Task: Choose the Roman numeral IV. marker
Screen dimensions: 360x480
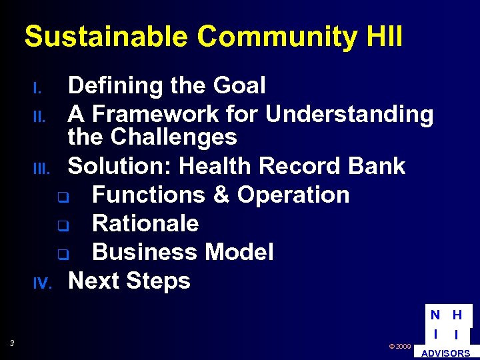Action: (41, 284)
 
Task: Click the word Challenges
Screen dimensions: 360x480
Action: (173, 137)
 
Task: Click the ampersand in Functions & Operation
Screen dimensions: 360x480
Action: (219, 195)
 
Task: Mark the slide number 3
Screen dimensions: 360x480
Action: (12, 343)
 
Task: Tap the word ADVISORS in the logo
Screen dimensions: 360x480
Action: (446, 353)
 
